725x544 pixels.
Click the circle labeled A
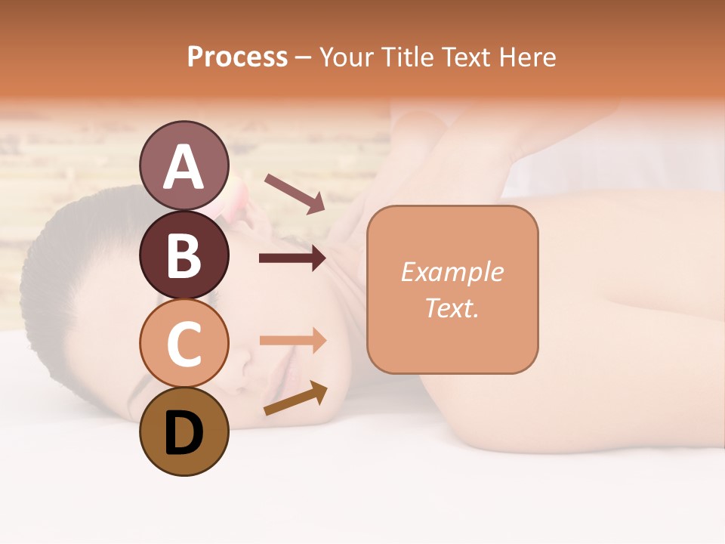[184, 165]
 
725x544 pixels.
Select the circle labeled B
[184, 255]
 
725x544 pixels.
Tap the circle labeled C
[184, 343]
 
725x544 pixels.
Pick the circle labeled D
[184, 431]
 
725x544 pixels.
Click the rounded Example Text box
[452, 289]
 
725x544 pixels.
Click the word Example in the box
[452, 272]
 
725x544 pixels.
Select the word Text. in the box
[452, 308]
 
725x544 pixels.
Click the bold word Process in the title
[237, 57]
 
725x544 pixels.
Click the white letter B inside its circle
[184, 255]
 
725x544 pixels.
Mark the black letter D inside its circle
[184, 433]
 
